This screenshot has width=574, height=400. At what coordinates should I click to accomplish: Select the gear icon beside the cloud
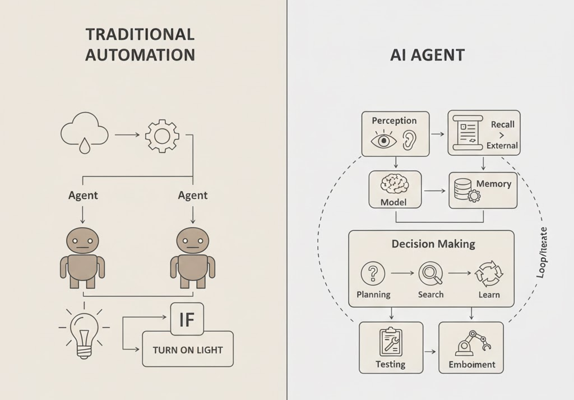click(162, 136)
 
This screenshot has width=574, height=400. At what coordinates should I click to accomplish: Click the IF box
click(186, 319)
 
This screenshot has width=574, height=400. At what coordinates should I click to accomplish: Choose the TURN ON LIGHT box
click(188, 350)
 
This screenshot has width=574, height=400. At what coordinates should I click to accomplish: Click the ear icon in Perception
click(411, 140)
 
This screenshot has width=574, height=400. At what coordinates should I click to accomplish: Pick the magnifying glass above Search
click(430, 273)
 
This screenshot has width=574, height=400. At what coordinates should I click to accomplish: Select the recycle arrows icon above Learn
click(486, 274)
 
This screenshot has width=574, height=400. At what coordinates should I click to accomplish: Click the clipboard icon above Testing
click(391, 342)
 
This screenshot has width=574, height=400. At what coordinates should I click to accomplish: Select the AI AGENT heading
click(427, 55)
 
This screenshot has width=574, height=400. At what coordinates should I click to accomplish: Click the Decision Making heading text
click(433, 244)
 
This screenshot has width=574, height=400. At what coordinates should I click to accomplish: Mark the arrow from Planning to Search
click(401, 273)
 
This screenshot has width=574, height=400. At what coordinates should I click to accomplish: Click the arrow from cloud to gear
click(127, 135)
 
